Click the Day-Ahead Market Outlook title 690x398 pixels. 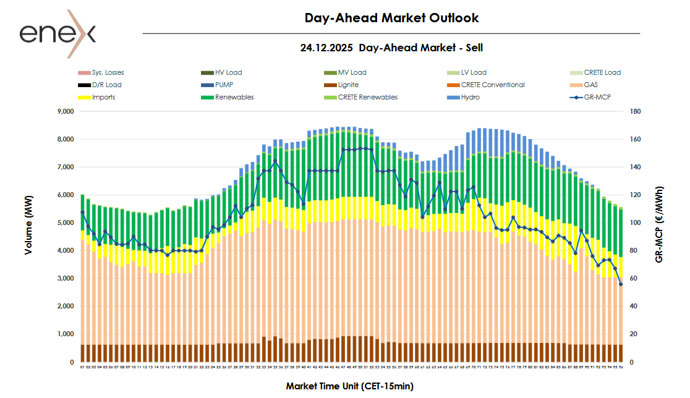391,18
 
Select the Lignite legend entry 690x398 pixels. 348,85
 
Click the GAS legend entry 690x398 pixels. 590,85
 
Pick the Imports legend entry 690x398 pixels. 103,97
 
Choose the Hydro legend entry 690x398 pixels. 471,97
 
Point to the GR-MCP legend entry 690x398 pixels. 597,97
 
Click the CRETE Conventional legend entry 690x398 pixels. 492,85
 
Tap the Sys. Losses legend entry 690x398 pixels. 108,72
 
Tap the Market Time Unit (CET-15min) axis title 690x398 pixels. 349,386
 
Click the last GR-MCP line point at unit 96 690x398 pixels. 620,284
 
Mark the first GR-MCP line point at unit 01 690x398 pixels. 82,212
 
